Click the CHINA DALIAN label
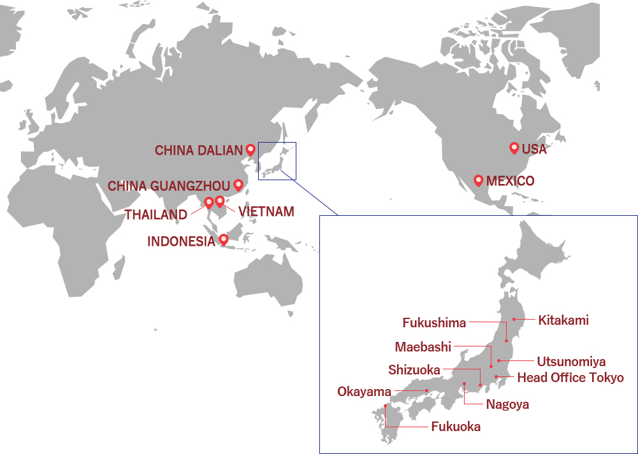(x=198, y=150)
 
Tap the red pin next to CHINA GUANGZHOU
(x=238, y=185)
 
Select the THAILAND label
(x=156, y=215)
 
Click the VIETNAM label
(x=266, y=211)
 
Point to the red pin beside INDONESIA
(x=223, y=239)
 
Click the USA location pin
(x=514, y=148)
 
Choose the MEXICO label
(x=510, y=181)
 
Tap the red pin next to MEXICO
(x=479, y=180)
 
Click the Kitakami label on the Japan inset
(x=563, y=320)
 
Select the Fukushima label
(x=434, y=323)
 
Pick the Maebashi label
(x=423, y=347)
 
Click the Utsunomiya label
(x=571, y=362)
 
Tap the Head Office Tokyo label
(x=570, y=378)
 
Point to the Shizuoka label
(x=414, y=369)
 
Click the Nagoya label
(x=507, y=404)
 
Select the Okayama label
(x=364, y=391)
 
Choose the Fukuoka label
(x=456, y=427)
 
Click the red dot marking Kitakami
(x=514, y=319)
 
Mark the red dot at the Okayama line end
(x=426, y=390)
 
